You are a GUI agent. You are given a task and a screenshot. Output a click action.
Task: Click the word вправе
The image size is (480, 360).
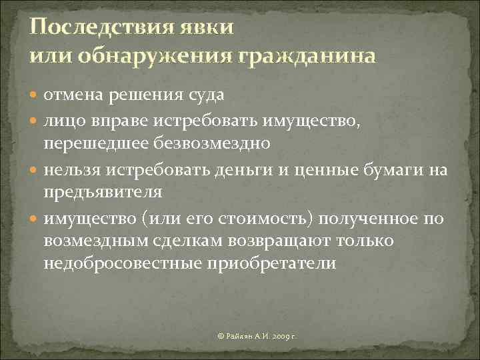127,120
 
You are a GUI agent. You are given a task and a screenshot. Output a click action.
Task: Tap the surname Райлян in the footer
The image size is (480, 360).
238,333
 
